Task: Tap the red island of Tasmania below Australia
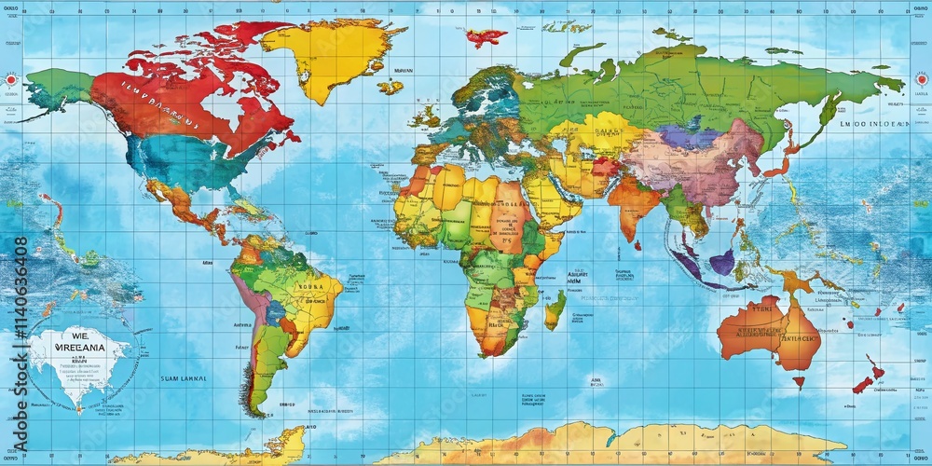point(799,380)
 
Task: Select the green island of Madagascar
point(555,309)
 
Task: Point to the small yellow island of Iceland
point(390,87)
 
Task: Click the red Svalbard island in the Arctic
point(484,38)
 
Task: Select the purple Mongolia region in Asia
point(690,137)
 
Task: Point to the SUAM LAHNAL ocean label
point(183,379)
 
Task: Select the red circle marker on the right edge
point(921,81)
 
